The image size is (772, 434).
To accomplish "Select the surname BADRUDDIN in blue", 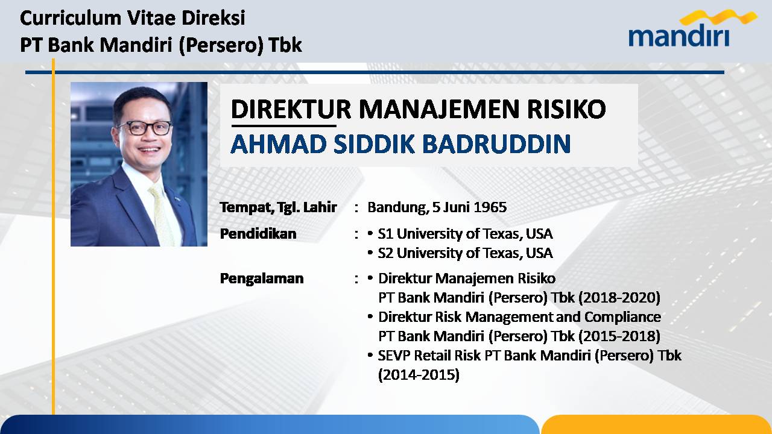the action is click(x=496, y=143).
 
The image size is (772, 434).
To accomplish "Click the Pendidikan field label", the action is click(x=258, y=234).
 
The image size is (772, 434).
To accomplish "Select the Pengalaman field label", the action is click(x=262, y=278).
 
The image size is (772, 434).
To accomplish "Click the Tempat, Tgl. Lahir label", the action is click(x=279, y=207).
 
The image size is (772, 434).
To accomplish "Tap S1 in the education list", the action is click(x=385, y=234).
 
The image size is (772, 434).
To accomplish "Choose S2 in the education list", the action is click(x=385, y=253).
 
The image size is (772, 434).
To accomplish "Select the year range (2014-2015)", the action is click(x=419, y=375).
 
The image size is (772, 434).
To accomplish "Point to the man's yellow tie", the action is click(x=162, y=215).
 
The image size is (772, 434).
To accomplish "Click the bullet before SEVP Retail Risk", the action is click(x=370, y=355).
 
